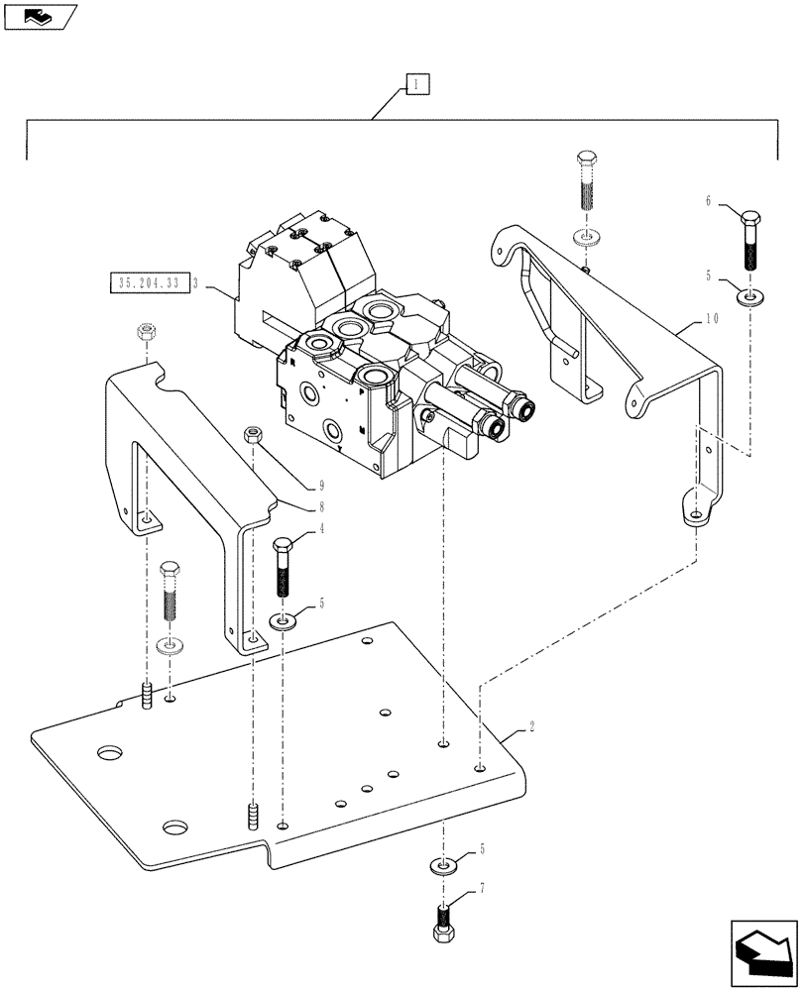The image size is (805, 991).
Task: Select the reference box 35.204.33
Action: click(x=147, y=283)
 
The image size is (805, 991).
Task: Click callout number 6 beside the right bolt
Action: click(x=708, y=200)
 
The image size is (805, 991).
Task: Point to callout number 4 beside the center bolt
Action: click(x=320, y=530)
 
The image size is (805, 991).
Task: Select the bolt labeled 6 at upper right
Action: click(x=750, y=241)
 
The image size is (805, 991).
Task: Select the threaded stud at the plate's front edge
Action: click(x=251, y=819)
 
